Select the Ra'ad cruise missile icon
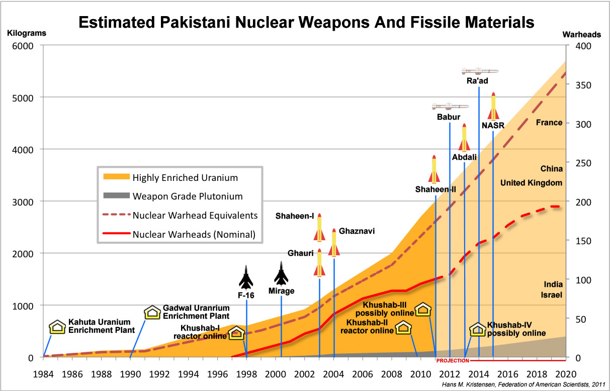point(480,71)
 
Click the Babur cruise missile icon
point(450,106)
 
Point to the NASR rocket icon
point(493,106)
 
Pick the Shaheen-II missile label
point(435,189)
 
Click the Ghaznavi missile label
point(357,231)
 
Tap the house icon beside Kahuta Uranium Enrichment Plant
point(57,327)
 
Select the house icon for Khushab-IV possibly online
point(477,329)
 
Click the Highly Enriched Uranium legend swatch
point(116,177)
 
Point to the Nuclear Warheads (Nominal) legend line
point(116,234)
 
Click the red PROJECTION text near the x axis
point(452,361)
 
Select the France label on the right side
point(549,123)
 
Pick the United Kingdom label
point(531,183)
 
